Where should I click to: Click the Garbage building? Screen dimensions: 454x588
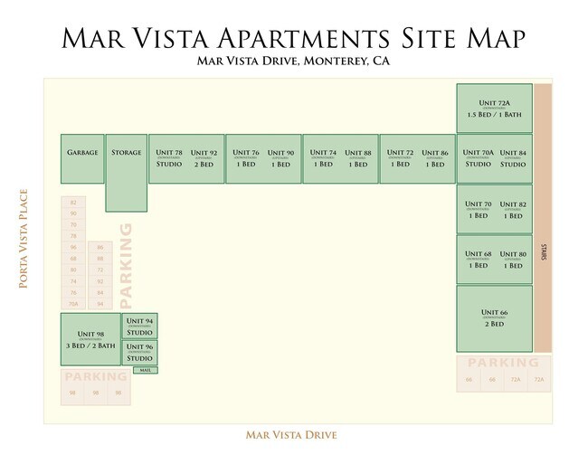[82, 158]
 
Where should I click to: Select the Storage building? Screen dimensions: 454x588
[126, 172]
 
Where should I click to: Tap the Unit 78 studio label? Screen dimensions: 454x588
[169, 158]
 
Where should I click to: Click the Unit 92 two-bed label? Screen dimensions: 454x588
[204, 158]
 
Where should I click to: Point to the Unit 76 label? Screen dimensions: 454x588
[245, 158]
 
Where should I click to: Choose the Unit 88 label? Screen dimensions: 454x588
[358, 158]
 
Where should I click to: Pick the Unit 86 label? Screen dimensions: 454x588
[435, 158]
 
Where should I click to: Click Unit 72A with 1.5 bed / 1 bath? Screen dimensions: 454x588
[493, 109]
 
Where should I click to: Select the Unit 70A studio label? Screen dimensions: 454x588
[478, 158]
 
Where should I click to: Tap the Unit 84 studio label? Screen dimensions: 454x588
[513, 158]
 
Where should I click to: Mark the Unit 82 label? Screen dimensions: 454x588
[513, 210]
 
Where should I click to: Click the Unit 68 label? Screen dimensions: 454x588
[478, 260]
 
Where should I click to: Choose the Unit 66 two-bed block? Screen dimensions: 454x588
[494, 318]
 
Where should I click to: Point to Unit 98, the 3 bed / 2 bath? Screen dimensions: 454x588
[90, 339]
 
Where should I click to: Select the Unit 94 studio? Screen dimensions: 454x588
[139, 326]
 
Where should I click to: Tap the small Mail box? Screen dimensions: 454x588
[145, 370]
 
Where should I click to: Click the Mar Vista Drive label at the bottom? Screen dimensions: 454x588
[291, 435]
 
